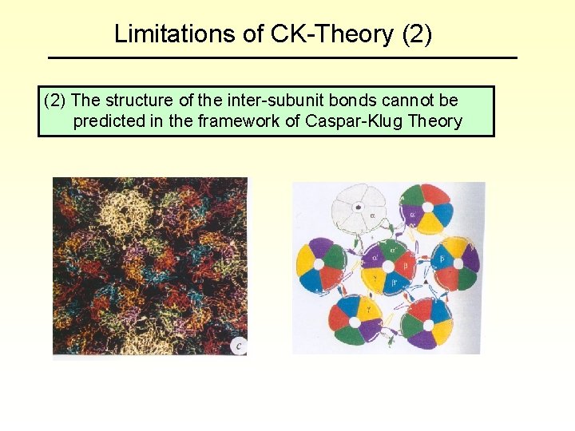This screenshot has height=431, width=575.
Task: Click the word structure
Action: click(x=139, y=101)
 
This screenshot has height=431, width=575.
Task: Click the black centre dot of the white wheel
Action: click(x=360, y=207)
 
